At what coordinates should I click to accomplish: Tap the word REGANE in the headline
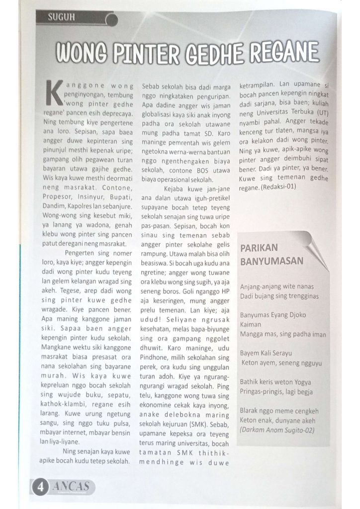[x=283, y=52]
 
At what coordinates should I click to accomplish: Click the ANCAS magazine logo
[x=72, y=486]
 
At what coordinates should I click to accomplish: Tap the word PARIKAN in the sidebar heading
[x=260, y=248]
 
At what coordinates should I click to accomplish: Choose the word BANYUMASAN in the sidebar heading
[x=272, y=261]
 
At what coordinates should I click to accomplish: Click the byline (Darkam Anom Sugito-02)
[x=277, y=429]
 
